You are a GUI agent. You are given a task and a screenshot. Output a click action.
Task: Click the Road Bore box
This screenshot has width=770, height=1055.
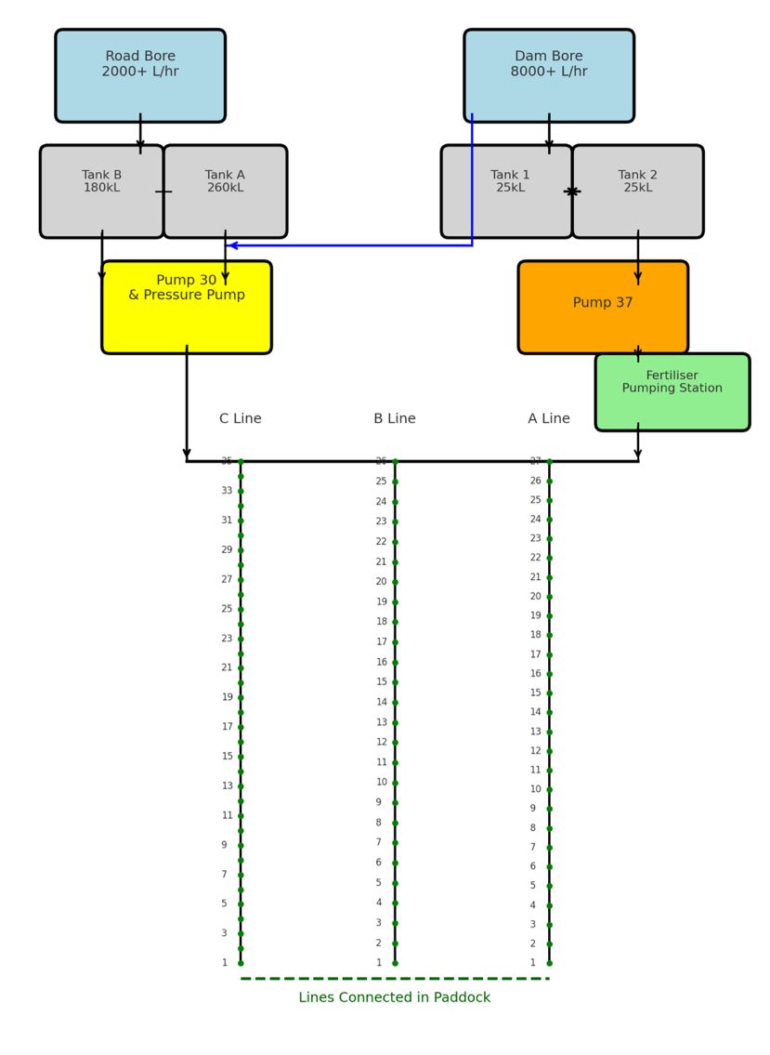(x=140, y=75)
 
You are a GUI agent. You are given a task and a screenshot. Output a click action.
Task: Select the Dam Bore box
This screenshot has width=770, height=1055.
(x=549, y=75)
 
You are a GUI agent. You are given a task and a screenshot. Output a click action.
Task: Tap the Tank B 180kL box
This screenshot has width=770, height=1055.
(x=102, y=191)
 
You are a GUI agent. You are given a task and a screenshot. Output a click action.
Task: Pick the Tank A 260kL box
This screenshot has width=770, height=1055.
(x=225, y=191)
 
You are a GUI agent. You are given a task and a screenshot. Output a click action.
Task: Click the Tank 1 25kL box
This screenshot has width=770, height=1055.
(x=506, y=191)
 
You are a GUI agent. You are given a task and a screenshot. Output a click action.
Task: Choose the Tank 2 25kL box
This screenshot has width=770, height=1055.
(x=638, y=191)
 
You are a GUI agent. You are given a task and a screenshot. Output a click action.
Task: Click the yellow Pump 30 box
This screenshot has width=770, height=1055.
(x=187, y=307)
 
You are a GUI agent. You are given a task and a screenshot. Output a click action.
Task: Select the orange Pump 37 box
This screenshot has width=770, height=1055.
(x=603, y=307)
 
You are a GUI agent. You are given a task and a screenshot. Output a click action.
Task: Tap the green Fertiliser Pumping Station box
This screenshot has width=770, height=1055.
(x=672, y=391)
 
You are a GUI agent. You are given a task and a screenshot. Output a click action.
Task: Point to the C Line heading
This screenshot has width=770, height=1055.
(x=241, y=419)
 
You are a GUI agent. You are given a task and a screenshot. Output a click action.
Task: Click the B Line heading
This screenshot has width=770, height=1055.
(x=395, y=419)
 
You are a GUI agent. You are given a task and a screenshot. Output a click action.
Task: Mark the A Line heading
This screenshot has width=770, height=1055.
(x=549, y=419)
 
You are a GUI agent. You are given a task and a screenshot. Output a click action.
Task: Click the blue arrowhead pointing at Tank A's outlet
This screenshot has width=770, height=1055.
(x=232, y=245)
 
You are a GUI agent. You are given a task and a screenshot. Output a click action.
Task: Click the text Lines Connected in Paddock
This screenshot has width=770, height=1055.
(x=395, y=997)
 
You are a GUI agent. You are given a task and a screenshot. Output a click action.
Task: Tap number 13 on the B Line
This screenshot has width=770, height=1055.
(x=382, y=722)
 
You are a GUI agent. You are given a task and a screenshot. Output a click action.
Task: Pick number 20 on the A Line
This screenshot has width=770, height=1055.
(x=536, y=597)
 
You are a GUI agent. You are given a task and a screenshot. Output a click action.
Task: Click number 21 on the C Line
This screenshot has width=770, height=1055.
(x=228, y=667)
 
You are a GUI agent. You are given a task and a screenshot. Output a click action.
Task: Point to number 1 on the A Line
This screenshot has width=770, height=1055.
(x=533, y=963)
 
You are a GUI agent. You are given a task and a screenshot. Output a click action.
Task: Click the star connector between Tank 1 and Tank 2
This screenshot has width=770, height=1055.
(x=572, y=191)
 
